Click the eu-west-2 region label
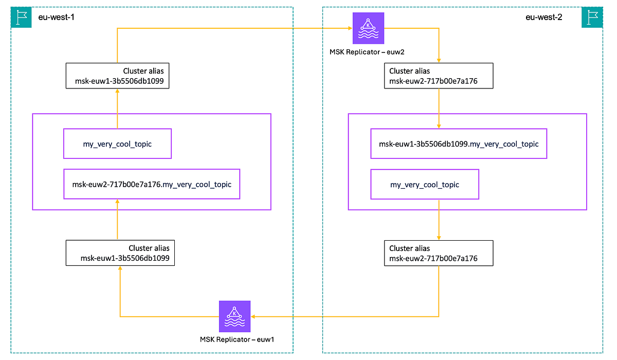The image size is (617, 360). (x=543, y=17)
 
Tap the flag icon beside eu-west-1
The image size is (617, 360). (x=21, y=17)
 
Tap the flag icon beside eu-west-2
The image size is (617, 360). (x=592, y=17)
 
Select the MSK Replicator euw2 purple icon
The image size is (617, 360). (x=368, y=28)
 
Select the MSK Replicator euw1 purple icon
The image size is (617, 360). (x=234, y=316)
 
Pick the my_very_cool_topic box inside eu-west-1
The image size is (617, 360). (x=117, y=144)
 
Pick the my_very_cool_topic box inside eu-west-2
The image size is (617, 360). (x=424, y=184)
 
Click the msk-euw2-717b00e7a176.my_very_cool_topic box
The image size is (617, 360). (x=152, y=184)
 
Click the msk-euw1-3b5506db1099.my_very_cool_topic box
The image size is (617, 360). (x=459, y=144)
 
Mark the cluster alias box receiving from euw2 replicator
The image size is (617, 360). (x=439, y=76)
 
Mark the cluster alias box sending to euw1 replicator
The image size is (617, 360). (x=439, y=253)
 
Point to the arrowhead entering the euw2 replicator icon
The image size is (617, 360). (x=349, y=29)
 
